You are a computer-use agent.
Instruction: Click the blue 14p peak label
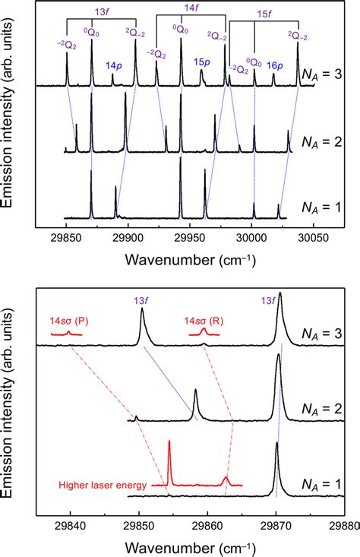[112, 65]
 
